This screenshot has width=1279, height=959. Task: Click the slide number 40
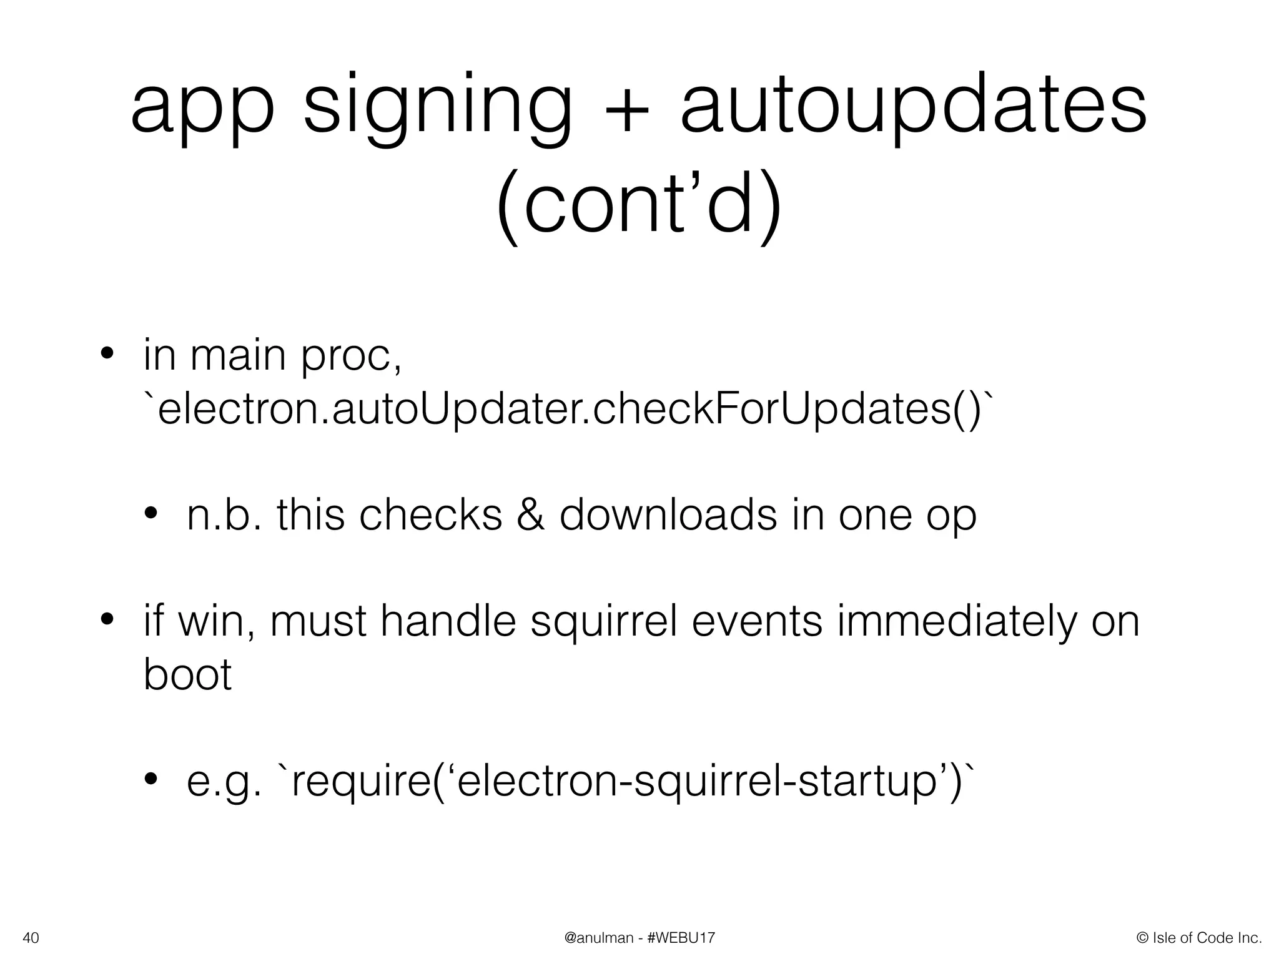coord(31,938)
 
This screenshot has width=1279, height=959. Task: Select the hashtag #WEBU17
coord(682,938)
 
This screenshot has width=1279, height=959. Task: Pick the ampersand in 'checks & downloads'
coord(530,516)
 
